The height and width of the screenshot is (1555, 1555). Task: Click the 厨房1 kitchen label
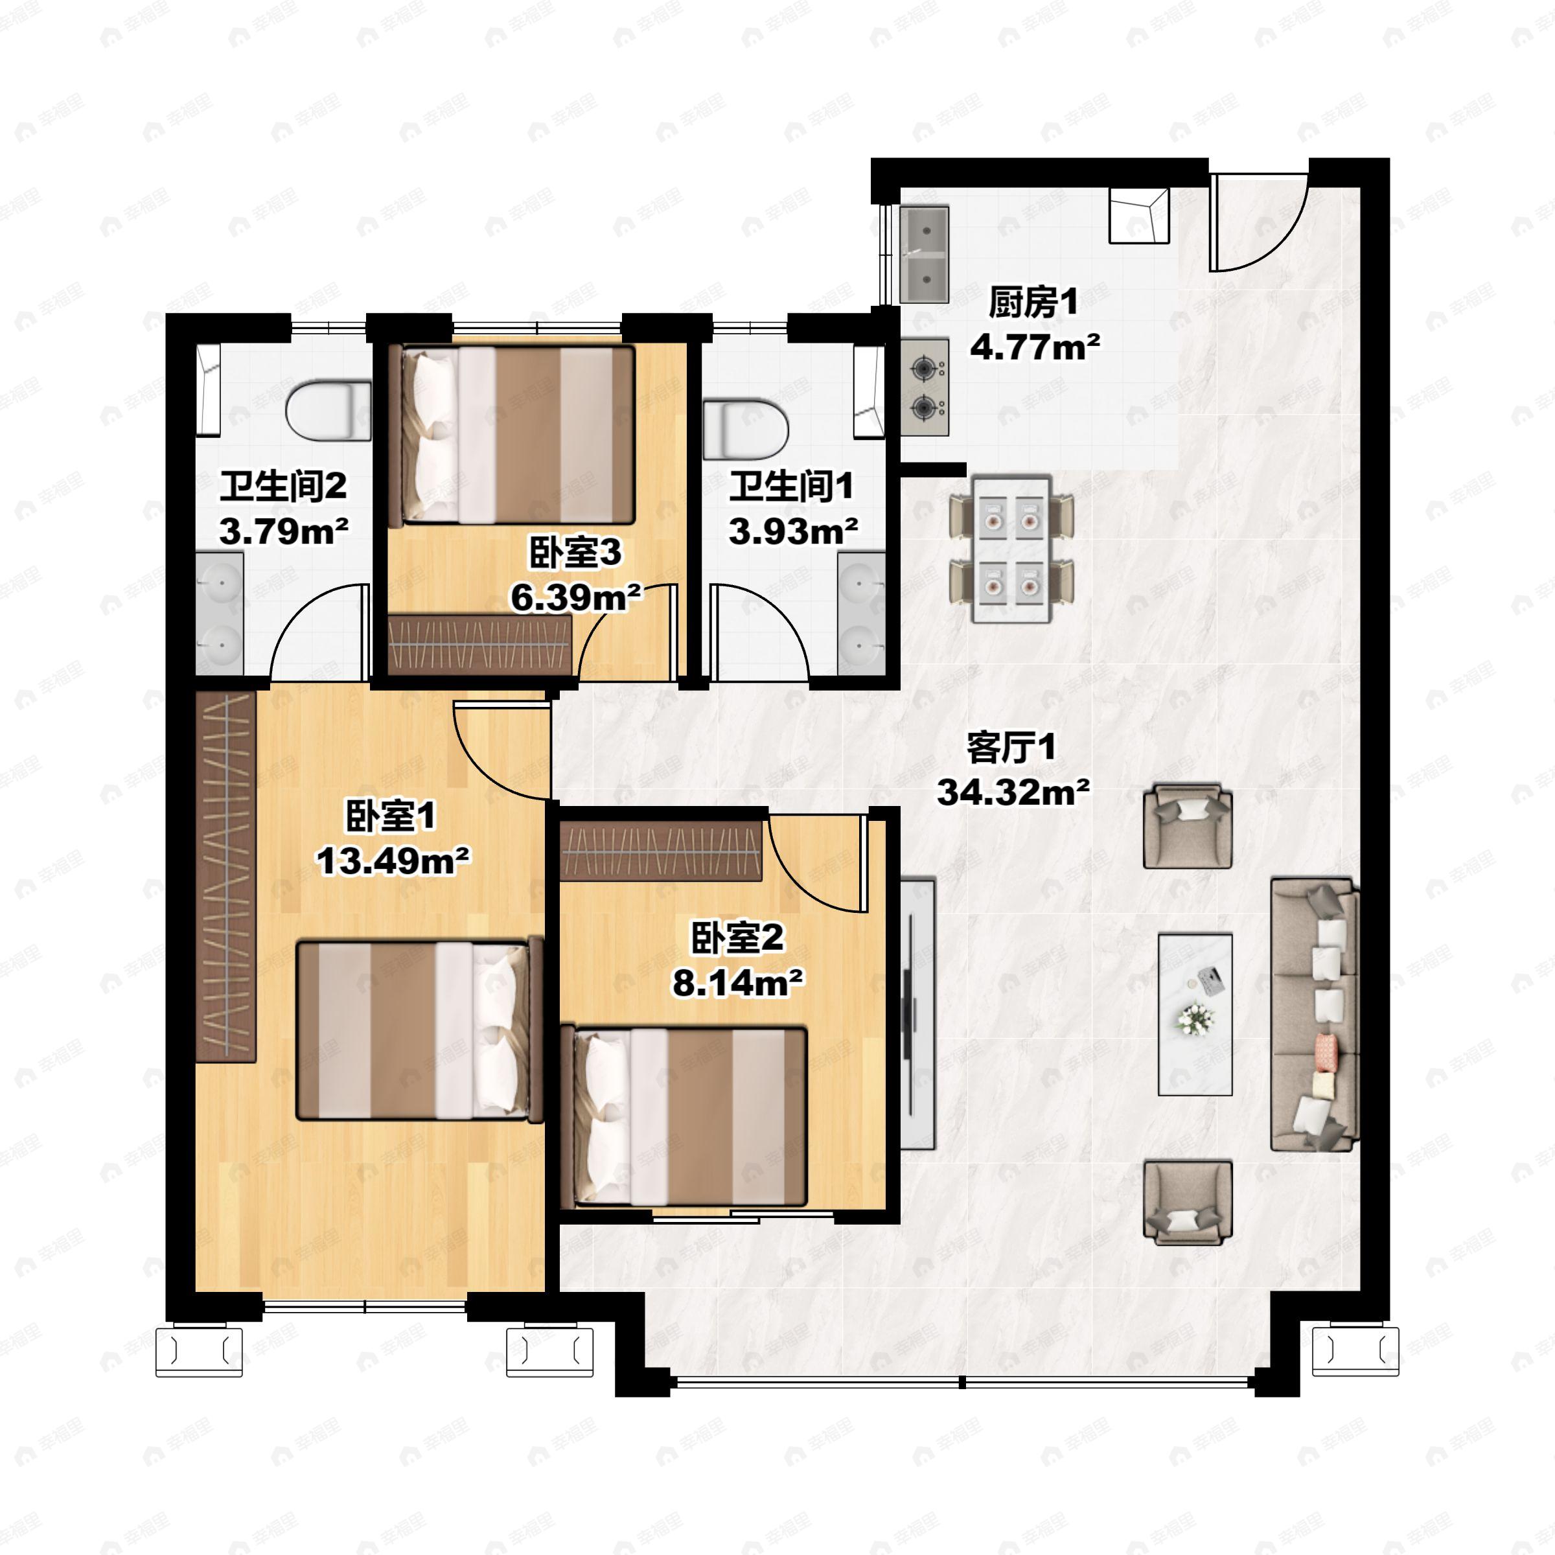(1033, 303)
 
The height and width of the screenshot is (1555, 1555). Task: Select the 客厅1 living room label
(1011, 748)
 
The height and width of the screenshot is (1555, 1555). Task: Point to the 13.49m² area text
(393, 861)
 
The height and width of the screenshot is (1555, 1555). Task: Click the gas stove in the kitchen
(925, 388)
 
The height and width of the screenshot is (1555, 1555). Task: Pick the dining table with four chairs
(1011, 549)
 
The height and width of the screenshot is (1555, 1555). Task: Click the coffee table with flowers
(1195, 1014)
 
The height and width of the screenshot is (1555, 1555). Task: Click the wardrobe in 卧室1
(226, 877)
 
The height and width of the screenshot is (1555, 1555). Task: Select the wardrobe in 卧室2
(661, 851)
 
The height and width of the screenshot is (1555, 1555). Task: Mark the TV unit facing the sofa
(917, 1014)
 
